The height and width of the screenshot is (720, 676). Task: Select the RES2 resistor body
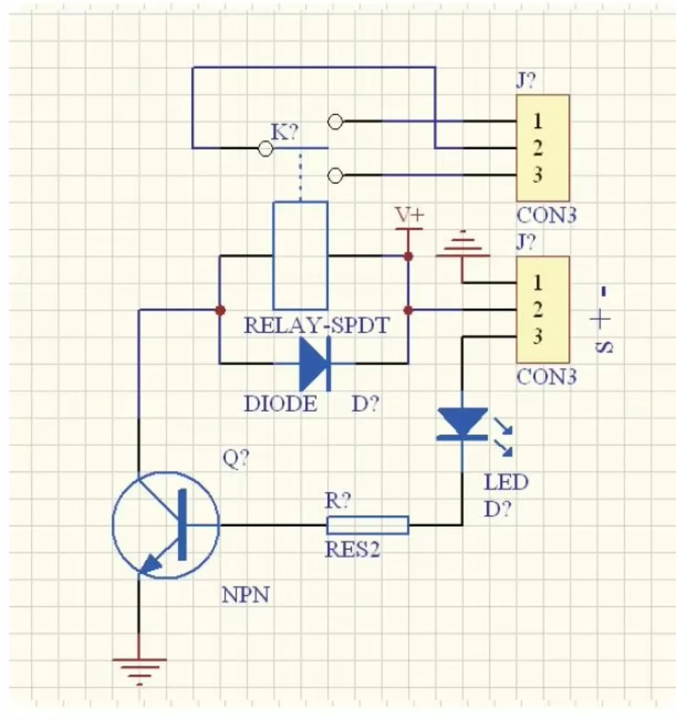[368, 525]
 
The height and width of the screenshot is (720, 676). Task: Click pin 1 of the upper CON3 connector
[537, 121]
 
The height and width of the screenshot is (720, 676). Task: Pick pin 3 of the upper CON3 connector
[537, 175]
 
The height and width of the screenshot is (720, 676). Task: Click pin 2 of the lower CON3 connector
[537, 310]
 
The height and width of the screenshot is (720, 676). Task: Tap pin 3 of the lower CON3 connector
[537, 337]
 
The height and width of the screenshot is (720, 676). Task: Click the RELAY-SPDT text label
[316, 326]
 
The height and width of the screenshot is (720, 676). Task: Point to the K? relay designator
[284, 132]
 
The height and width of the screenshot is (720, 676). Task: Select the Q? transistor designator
[236, 459]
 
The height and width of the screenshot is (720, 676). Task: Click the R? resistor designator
[338, 501]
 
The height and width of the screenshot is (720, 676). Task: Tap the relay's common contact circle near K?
[265, 149]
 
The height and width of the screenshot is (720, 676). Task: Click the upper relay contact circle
[335, 122]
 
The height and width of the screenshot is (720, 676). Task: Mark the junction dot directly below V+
[409, 256]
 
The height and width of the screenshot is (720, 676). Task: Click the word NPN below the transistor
[245, 595]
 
